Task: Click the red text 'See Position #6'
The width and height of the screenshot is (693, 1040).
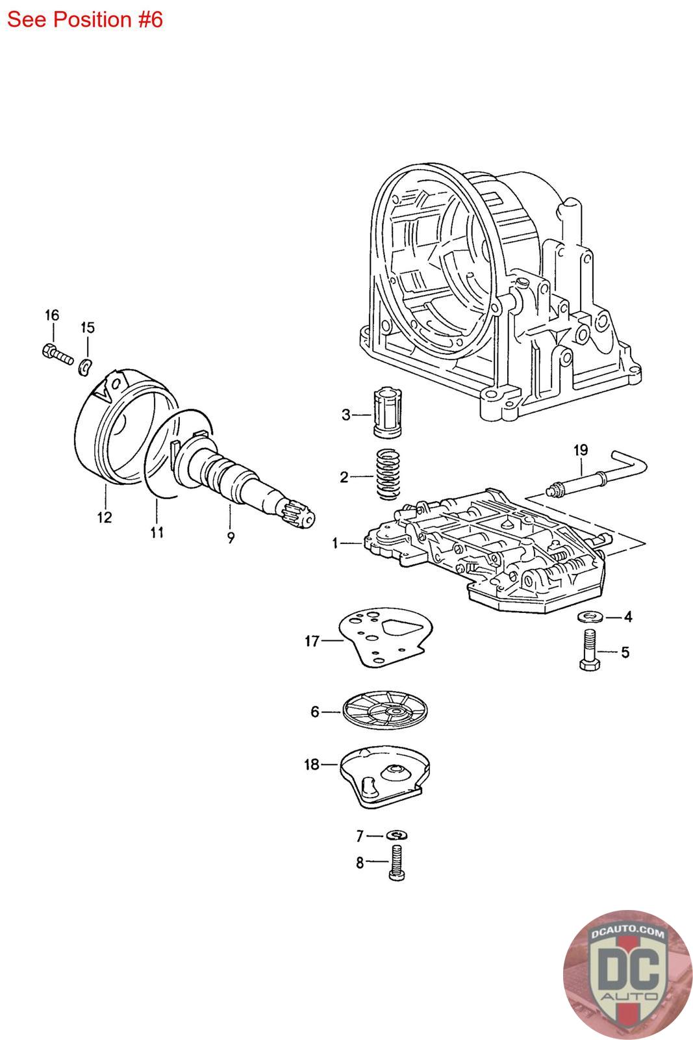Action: (85, 19)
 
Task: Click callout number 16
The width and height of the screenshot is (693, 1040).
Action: (52, 315)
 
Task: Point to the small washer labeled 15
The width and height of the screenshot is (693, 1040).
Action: (85, 367)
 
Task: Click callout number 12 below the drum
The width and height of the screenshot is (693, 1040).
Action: (105, 517)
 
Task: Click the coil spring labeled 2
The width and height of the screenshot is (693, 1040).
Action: (388, 474)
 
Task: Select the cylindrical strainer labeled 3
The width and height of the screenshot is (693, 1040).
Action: (387, 412)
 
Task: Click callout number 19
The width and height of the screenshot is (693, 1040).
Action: (580, 450)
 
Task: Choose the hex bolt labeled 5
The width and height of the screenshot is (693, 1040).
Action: (590, 649)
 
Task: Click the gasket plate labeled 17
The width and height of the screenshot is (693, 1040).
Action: (385, 637)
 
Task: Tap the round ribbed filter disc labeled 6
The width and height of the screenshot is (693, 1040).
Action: (385, 710)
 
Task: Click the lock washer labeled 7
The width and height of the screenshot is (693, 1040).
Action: (396, 835)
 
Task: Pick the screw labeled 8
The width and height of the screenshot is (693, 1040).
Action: (396, 863)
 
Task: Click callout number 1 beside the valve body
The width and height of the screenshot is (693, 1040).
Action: (335, 543)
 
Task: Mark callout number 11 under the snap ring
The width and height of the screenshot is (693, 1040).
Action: (157, 532)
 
